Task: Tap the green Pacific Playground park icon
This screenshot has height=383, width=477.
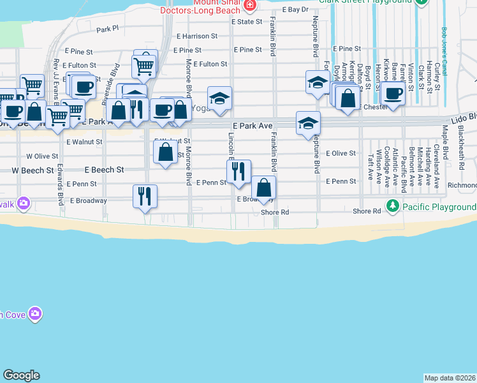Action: coord(393,206)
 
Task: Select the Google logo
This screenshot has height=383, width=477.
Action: coord(21,375)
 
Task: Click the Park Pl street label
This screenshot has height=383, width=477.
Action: coord(108,29)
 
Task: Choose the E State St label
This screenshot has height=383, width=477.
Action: coord(247,22)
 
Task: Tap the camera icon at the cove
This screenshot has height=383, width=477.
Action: coord(35,313)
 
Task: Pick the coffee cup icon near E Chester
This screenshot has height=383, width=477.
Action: coord(393,93)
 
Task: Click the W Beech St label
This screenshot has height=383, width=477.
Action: coord(33,170)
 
